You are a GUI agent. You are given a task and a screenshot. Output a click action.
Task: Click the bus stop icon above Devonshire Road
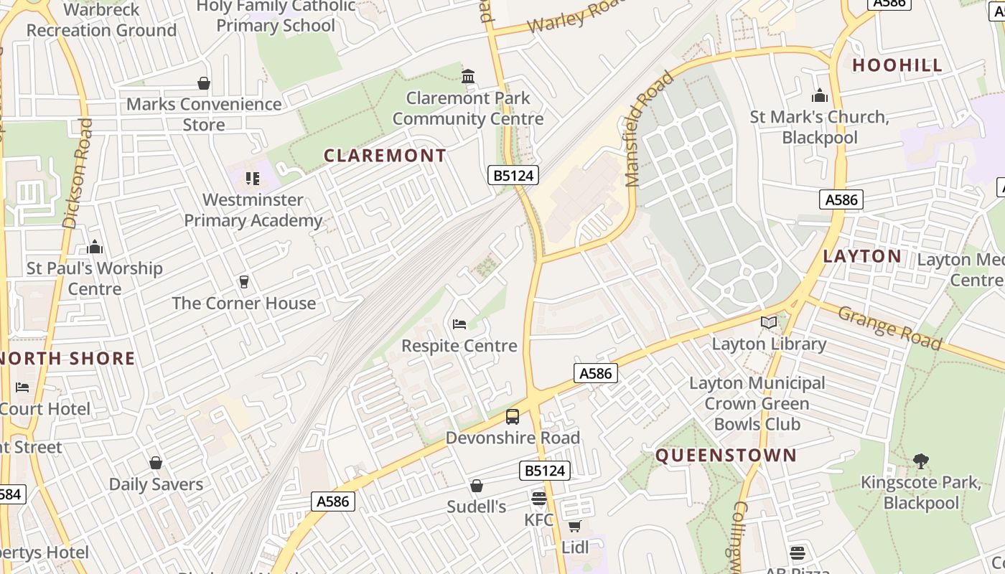pos(513,416)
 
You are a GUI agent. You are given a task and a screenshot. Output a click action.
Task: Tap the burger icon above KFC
pos(539,498)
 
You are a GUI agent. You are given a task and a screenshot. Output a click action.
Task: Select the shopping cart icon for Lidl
pos(574,527)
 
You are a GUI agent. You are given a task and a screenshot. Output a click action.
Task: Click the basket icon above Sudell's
pos(477,486)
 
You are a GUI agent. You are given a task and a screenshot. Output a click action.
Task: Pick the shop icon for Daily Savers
pos(156,463)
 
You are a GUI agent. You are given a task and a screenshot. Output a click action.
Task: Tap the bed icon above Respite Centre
pos(459,324)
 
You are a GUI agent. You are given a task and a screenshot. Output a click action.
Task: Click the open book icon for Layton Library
pos(769,323)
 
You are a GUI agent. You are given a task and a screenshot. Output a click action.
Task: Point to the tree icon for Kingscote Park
pos(921,461)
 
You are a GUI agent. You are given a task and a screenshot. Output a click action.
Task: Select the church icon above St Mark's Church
pos(820,95)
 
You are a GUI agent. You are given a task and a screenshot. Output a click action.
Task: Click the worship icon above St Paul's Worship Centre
pos(95,248)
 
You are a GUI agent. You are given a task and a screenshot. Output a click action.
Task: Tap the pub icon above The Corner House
pos(244,282)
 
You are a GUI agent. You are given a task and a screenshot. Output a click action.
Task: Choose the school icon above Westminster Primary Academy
pos(252,178)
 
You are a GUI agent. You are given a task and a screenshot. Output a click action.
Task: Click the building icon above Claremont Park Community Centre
pos(468,76)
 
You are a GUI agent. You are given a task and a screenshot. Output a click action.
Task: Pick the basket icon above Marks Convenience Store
pos(204,83)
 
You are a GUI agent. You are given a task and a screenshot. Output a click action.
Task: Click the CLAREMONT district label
pos(385,156)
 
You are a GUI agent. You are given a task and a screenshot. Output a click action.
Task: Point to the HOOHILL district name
pos(897,65)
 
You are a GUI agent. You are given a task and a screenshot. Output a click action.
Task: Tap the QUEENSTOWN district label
pos(726,456)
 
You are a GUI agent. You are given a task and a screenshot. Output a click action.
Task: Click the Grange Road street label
pos(889,328)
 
